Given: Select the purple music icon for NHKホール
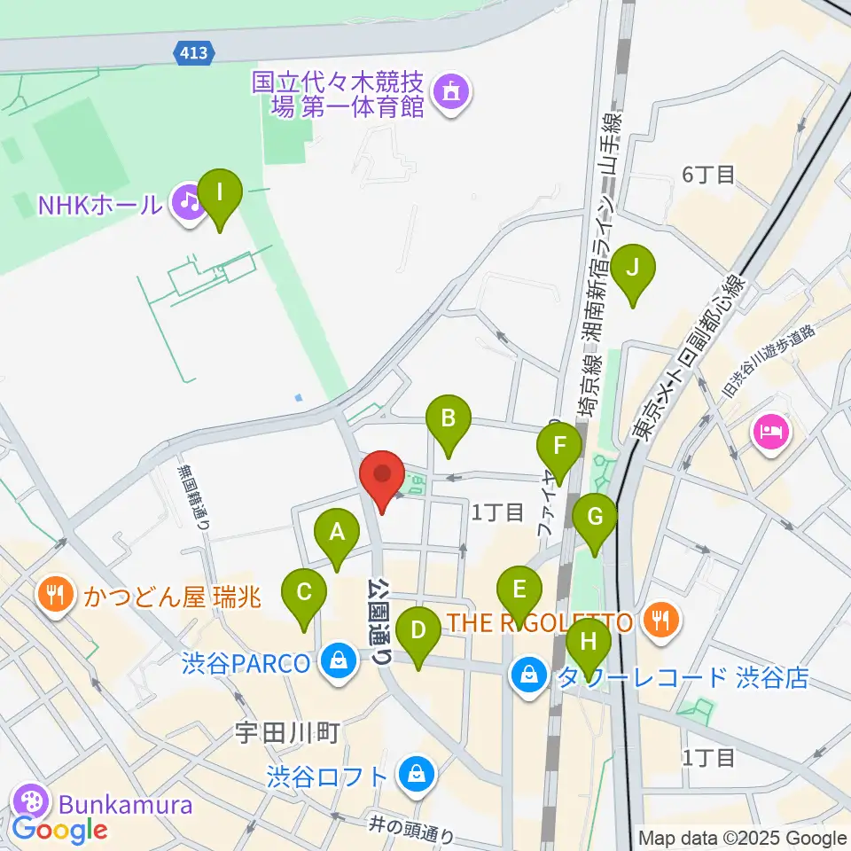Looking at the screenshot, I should [x=188, y=203].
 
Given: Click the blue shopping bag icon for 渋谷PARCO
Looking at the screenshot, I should [x=338, y=661].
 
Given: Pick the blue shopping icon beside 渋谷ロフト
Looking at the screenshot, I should [x=414, y=775].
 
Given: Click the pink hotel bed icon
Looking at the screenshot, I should [x=767, y=433].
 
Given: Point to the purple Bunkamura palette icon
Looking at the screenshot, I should [x=31, y=804].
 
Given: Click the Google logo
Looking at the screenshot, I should [x=59, y=830].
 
